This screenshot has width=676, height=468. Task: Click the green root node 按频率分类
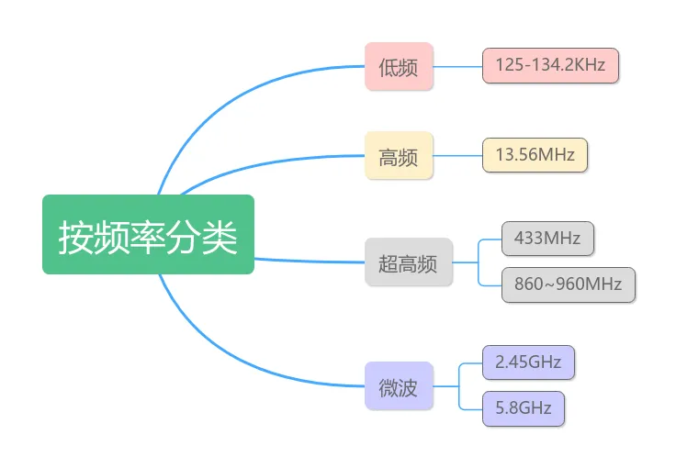(x=148, y=234)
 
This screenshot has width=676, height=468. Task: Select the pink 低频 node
(x=399, y=66)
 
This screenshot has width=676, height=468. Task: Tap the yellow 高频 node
(x=399, y=156)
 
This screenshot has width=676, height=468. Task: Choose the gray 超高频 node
(x=408, y=262)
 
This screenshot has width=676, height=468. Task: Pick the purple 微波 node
(x=399, y=387)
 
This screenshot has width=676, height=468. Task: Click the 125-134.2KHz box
(x=551, y=65)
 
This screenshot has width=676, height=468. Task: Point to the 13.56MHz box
(x=535, y=155)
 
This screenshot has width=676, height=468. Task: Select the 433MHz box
(x=547, y=238)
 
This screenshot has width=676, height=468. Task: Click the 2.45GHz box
(x=528, y=362)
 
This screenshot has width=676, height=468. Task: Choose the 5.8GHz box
(x=523, y=407)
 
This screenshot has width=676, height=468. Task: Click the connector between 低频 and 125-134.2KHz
(x=457, y=66)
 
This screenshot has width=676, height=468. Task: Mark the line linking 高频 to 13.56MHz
(x=457, y=156)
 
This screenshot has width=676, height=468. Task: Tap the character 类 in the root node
(x=220, y=236)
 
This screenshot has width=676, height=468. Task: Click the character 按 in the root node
(x=75, y=236)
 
